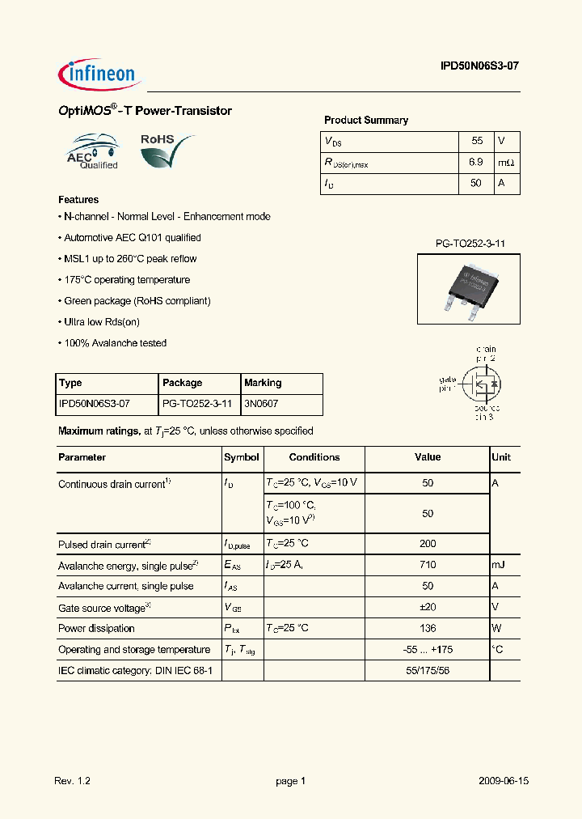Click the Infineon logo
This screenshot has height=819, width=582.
[99, 74]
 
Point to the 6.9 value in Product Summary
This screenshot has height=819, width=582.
[475, 162]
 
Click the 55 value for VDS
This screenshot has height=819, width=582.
[476, 141]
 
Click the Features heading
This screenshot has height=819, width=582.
[78, 200]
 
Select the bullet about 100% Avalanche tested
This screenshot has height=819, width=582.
[113, 343]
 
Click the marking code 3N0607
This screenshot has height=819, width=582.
[261, 404]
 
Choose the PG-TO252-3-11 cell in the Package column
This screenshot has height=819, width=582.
[197, 404]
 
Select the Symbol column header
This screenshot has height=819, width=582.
[242, 457]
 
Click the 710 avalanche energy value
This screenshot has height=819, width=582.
[428, 565]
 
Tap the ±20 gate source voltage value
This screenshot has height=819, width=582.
[428, 607]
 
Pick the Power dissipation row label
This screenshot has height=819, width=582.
[96, 628]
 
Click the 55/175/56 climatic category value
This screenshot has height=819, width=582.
[428, 670]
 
